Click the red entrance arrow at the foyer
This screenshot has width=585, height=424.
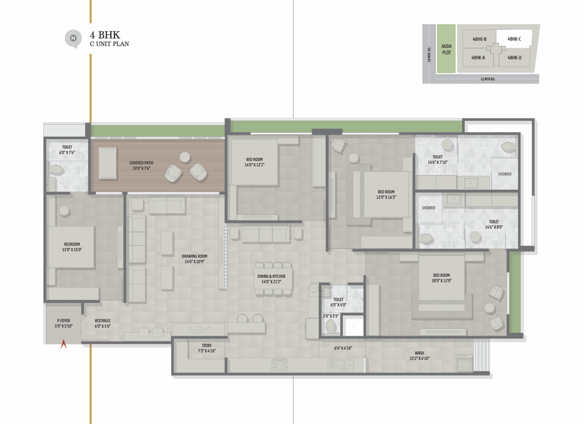click(64, 344)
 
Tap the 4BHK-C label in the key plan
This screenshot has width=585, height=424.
click(514, 39)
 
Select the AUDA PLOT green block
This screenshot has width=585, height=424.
click(446, 48)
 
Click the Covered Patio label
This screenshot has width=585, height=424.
click(141, 165)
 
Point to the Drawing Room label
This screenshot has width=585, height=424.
click(194, 259)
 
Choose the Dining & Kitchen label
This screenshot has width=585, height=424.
click(271, 279)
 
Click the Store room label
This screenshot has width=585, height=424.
click(207, 348)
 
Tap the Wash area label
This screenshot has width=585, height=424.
click(419, 355)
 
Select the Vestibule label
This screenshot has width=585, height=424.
click(103, 323)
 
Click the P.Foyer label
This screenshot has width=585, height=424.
click(63, 323)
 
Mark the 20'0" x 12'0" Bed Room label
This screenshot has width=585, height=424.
click(442, 278)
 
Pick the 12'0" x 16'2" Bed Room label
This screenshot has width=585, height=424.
click(386, 194)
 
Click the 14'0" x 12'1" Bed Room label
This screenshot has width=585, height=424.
click(254, 162)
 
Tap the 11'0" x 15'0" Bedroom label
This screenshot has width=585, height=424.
click(71, 247)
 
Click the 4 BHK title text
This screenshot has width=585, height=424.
click(105, 35)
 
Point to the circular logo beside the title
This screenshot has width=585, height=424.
click(73, 38)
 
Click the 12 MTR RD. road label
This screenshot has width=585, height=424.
click(488, 79)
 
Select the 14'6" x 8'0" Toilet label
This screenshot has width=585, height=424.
click(494, 224)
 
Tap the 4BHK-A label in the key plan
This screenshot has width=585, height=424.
click(478, 57)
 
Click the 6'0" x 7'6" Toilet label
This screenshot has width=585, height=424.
click(67, 150)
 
